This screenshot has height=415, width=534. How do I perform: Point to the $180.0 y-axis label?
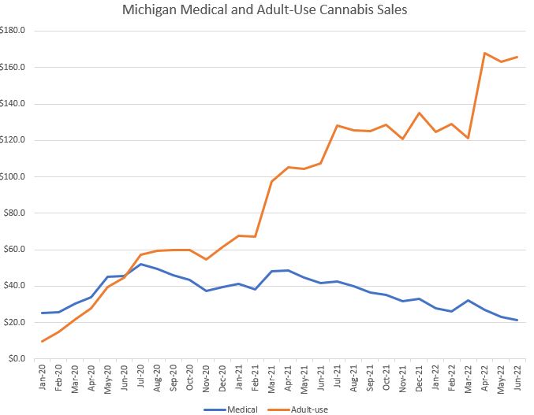point(15,31)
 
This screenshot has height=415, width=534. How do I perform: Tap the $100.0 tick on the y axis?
point(15,176)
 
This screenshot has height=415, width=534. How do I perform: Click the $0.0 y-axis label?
point(18,359)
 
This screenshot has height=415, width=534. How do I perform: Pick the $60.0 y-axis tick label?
point(17,250)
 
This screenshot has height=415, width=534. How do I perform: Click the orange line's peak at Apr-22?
point(485,53)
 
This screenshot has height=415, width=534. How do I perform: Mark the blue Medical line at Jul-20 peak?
point(140,264)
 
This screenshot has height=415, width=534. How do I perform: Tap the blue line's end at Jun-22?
point(517,320)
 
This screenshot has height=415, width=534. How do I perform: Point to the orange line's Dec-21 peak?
point(419,113)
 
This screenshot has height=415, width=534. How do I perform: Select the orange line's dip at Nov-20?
point(206,259)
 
